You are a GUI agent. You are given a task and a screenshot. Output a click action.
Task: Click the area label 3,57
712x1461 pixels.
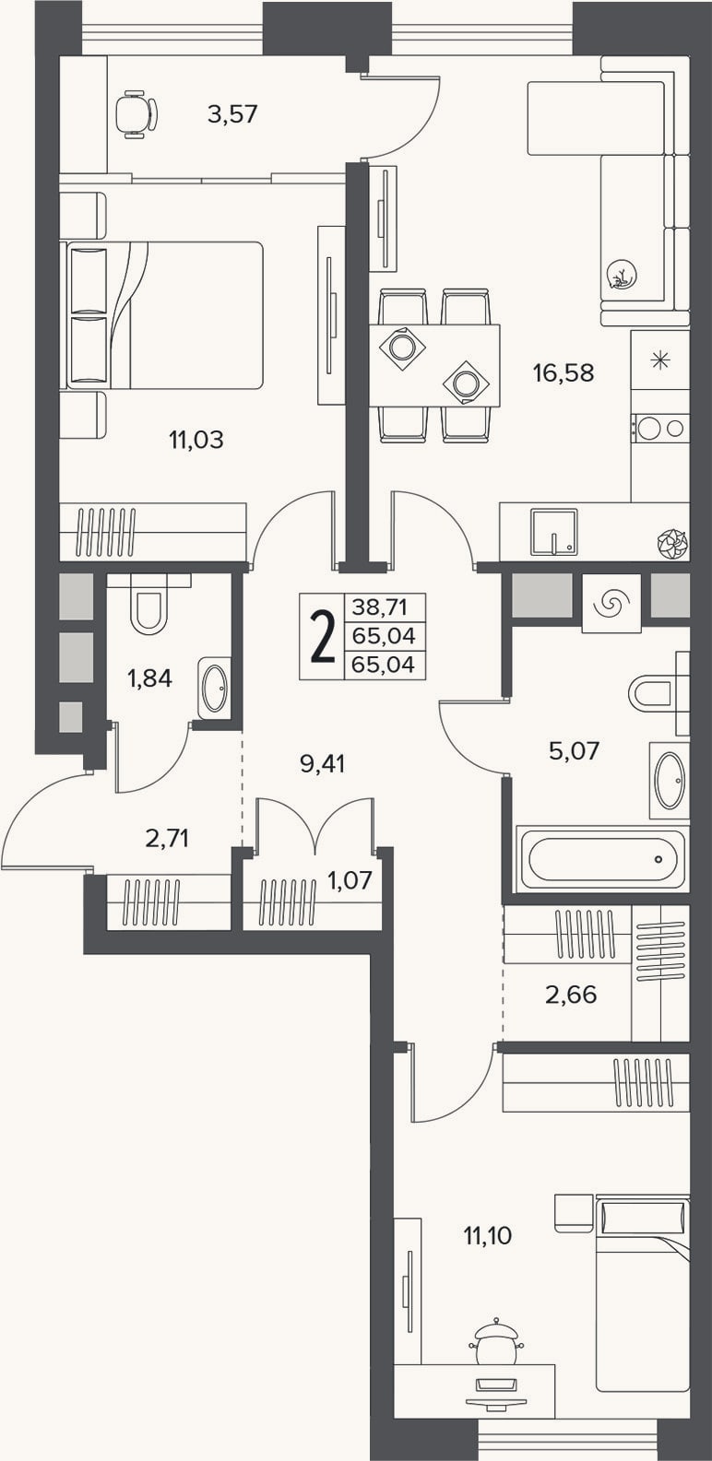point(233,115)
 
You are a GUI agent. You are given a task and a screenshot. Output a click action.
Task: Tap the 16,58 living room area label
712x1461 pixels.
point(564,373)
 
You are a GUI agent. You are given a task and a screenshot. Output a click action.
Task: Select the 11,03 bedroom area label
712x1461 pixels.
point(196,441)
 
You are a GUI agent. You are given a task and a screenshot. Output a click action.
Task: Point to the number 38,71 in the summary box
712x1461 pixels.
point(379,607)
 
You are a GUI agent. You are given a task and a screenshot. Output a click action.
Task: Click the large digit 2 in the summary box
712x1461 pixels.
point(322,637)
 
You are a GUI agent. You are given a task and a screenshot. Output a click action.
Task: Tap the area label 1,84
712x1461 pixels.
point(149,679)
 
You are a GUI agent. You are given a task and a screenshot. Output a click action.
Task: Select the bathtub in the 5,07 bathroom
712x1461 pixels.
point(601,858)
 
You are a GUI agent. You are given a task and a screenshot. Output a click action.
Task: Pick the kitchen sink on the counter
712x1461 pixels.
point(554,531)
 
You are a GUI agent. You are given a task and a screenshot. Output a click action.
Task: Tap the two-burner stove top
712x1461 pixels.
point(660,428)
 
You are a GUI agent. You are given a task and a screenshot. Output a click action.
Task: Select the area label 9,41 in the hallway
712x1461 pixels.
point(322,763)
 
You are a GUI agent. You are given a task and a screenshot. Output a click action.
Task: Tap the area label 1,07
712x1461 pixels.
point(350,881)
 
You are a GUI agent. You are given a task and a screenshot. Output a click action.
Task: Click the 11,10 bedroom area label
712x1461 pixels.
point(488,1235)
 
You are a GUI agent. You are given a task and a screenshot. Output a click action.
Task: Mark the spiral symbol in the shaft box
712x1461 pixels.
point(611,604)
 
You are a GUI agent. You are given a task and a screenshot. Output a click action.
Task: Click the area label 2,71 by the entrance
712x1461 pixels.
point(167,838)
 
